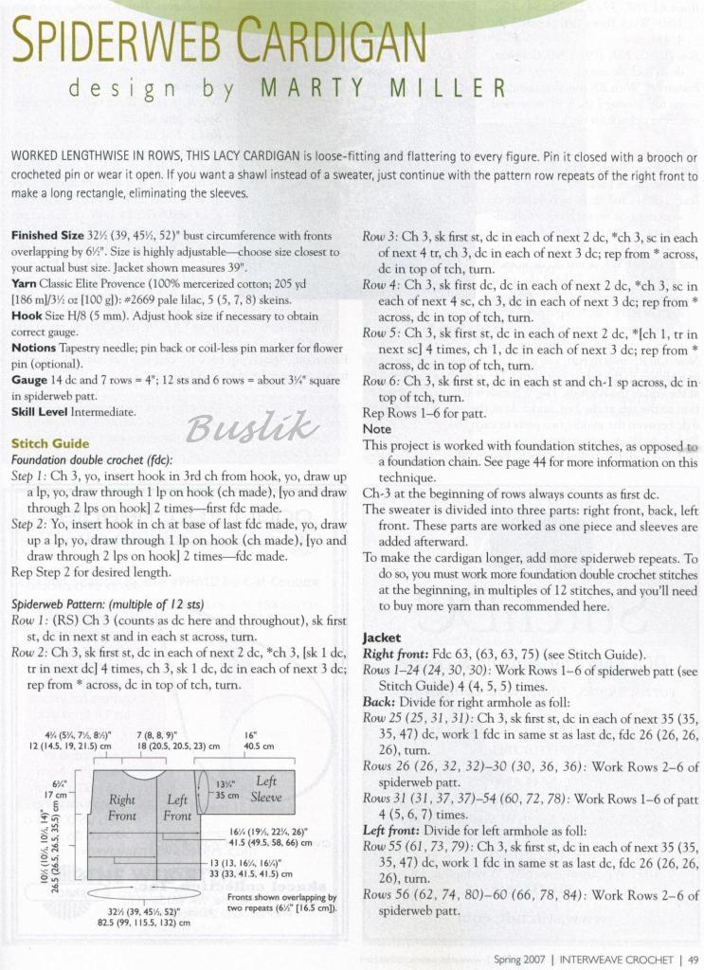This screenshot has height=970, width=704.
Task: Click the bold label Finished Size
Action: [x=47, y=235]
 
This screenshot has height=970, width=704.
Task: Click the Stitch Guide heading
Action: [x=50, y=443]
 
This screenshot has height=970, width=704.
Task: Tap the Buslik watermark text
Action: [x=251, y=428]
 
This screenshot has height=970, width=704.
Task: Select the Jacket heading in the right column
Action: [x=382, y=638]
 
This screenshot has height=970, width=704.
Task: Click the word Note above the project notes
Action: [x=377, y=429]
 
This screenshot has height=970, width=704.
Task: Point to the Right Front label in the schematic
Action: [x=122, y=807]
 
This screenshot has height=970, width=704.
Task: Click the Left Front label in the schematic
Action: [x=177, y=807]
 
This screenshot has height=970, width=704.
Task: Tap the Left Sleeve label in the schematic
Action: [x=265, y=789]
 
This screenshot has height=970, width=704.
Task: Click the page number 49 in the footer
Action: [x=694, y=959]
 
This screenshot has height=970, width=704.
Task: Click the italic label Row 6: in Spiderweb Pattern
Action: [x=382, y=381]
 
